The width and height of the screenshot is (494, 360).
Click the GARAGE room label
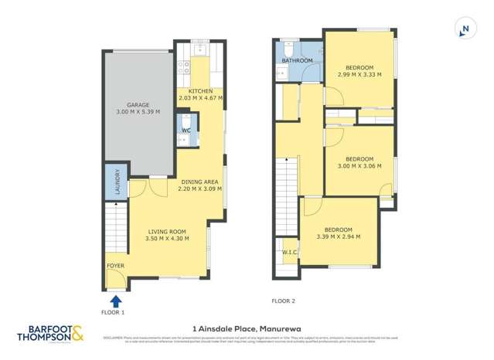[138, 105]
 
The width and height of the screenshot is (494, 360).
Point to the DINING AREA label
[199, 182]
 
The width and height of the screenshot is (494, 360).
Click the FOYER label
[115, 266]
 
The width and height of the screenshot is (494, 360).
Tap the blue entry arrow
[116, 301]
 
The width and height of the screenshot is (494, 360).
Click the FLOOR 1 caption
[112, 313]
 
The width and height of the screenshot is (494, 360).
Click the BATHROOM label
[297, 60]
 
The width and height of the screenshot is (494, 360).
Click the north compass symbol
[464, 30]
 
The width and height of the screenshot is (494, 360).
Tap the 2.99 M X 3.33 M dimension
[360, 75]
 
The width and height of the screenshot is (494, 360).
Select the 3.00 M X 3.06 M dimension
[360, 165]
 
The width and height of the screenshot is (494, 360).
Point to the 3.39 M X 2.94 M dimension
[338, 236]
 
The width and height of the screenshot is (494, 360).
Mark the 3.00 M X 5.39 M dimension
[138, 113]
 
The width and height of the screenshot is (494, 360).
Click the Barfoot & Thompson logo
[54, 335]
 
